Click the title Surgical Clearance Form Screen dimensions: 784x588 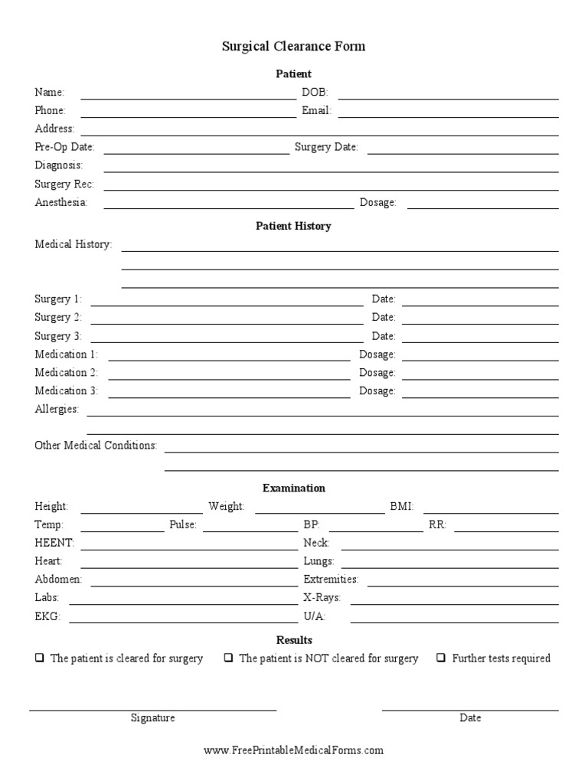[x=293, y=47]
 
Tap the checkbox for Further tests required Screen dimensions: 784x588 [x=441, y=658]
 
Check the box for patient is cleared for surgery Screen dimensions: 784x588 [x=39, y=658]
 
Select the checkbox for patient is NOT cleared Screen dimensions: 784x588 [x=228, y=658]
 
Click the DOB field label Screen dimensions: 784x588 [x=315, y=92]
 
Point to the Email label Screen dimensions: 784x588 [x=316, y=110]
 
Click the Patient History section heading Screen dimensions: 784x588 [x=293, y=227]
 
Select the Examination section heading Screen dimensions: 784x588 [x=293, y=488]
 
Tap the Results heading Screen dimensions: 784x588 [x=293, y=640]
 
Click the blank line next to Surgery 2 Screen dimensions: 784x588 [x=227, y=321]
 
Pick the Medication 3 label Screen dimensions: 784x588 [x=67, y=390]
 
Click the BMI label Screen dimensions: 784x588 [x=401, y=506]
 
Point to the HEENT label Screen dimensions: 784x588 [x=54, y=543]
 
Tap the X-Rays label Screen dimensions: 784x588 [x=322, y=597]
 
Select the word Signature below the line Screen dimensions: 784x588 [x=152, y=718]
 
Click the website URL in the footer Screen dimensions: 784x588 [x=293, y=751]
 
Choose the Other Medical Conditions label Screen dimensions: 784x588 [x=96, y=446]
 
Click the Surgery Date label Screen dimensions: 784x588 [x=326, y=147]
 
